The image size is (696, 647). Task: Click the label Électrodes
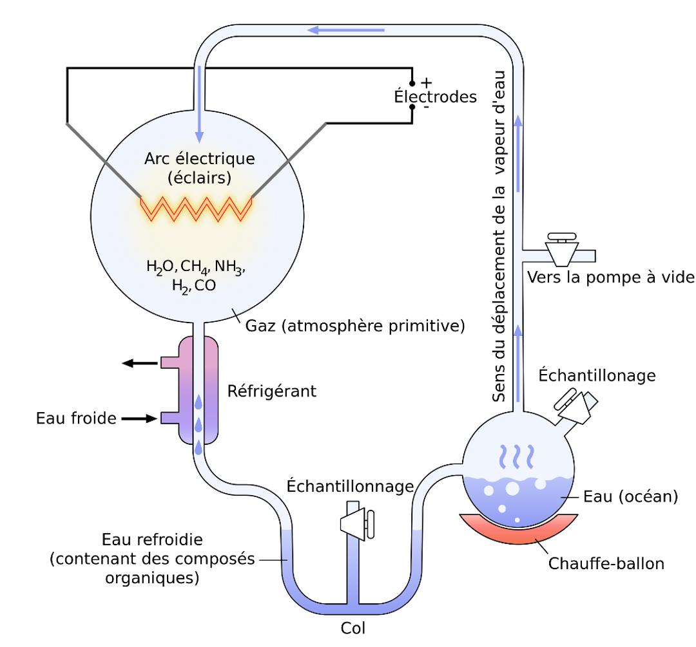click(x=435, y=97)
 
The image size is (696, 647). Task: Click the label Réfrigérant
click(x=271, y=390)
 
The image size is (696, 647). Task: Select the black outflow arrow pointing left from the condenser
click(x=140, y=363)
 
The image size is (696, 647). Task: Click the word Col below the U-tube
click(x=353, y=626)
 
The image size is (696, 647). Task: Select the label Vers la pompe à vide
click(x=610, y=277)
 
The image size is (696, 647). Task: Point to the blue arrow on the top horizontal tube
click(x=346, y=30)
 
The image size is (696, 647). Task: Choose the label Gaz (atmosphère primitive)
click(x=355, y=325)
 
